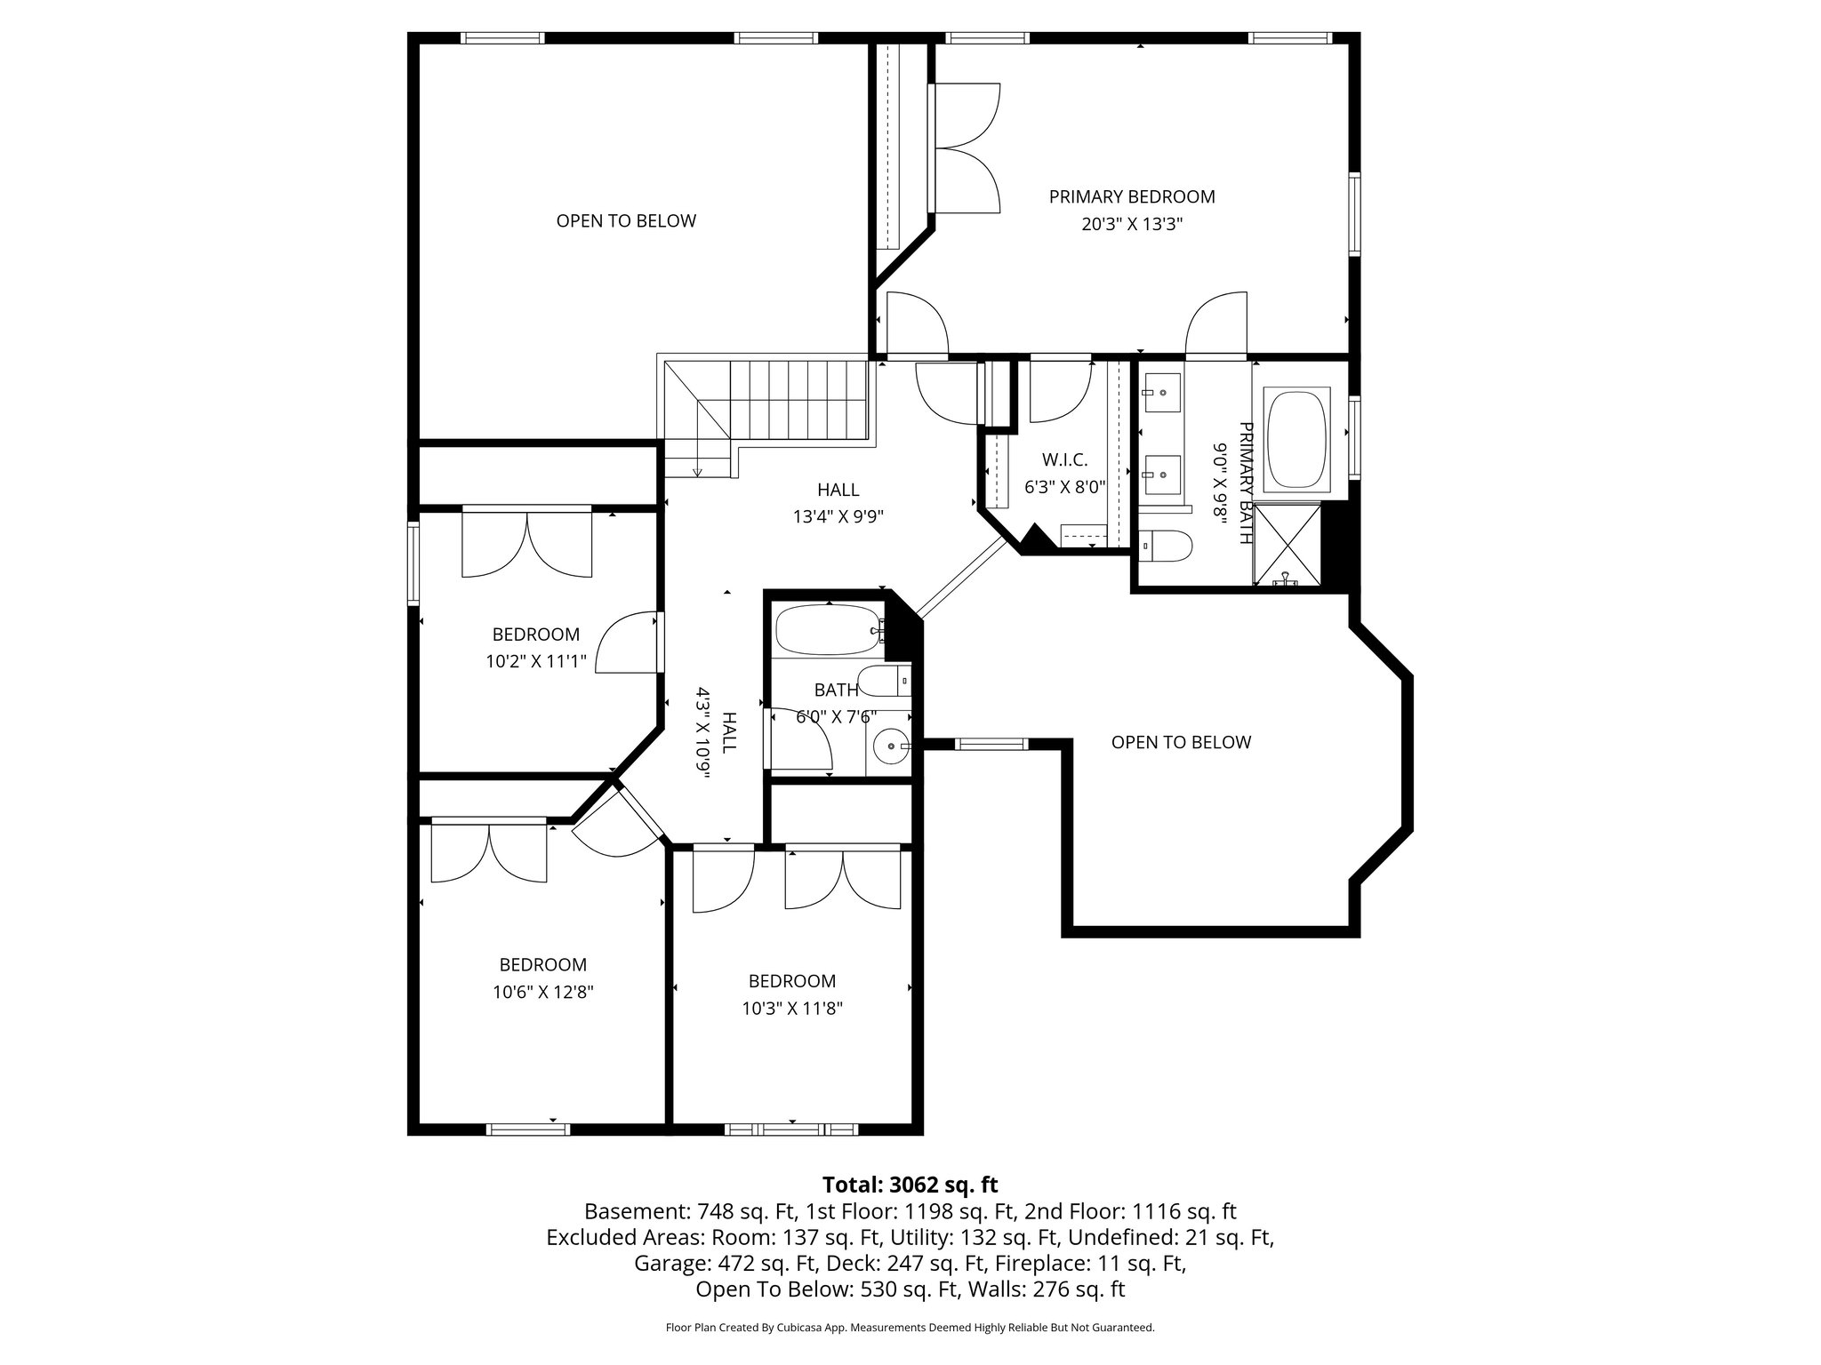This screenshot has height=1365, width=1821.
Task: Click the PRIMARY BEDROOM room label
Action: [1131, 196]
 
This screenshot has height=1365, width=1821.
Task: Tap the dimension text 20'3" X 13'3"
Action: [1131, 225]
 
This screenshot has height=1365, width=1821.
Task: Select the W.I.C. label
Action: [1064, 459]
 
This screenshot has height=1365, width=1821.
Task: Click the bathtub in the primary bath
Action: [1296, 438]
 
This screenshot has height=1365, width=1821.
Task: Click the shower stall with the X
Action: [1287, 544]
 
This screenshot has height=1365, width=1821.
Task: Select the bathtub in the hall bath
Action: [828, 630]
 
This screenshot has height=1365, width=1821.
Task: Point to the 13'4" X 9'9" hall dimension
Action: [838, 516]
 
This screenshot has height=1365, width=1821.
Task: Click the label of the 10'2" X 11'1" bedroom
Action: [535, 635]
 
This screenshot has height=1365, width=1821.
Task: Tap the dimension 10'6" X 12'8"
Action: [542, 993]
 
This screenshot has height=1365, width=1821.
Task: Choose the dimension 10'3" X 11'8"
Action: [791, 1009]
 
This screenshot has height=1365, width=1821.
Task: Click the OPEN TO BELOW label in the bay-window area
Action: [1180, 742]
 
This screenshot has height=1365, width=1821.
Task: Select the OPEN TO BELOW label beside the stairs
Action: [626, 220]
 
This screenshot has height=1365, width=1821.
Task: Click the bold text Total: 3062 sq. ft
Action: [910, 1185]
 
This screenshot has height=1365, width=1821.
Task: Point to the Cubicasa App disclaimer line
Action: [910, 1328]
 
